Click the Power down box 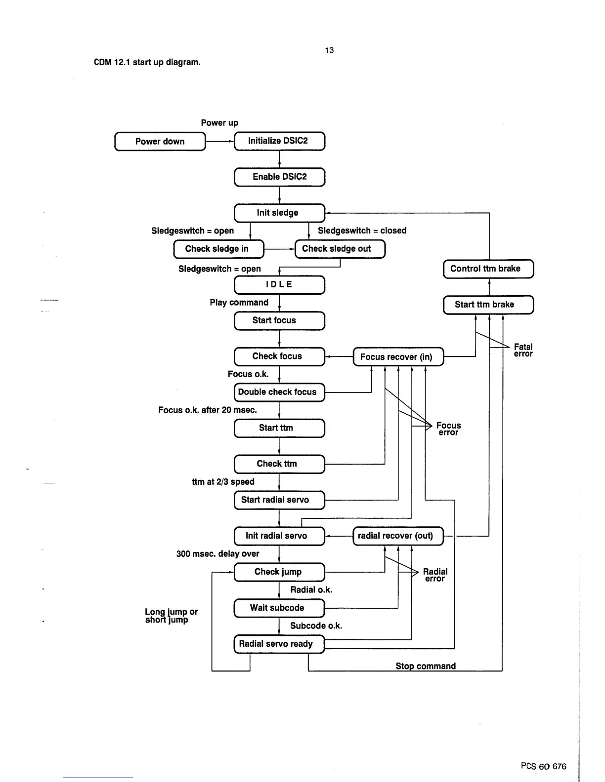pyautogui.click(x=160, y=141)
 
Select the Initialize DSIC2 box pyautogui.click(x=279, y=141)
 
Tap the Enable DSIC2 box pyautogui.click(x=279, y=177)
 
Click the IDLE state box pyautogui.click(x=279, y=285)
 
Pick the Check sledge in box pyautogui.click(x=218, y=249)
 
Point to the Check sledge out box pyautogui.click(x=340, y=249)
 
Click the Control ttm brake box pyautogui.click(x=488, y=269)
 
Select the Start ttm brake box pyautogui.click(x=488, y=305)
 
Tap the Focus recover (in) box pyautogui.click(x=398, y=357)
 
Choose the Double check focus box pyautogui.click(x=279, y=392)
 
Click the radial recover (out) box pyautogui.click(x=398, y=536)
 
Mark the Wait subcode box pyautogui.click(x=279, y=608)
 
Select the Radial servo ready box pyautogui.click(x=279, y=644)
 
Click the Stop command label pyautogui.click(x=426, y=666)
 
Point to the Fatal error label pyautogui.click(x=523, y=351)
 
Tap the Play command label pyautogui.click(x=239, y=303)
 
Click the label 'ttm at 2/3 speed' pyautogui.click(x=223, y=482)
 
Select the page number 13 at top pyautogui.click(x=329, y=50)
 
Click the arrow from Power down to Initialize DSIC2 pyautogui.click(x=219, y=141)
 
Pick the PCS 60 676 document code pyautogui.click(x=543, y=766)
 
